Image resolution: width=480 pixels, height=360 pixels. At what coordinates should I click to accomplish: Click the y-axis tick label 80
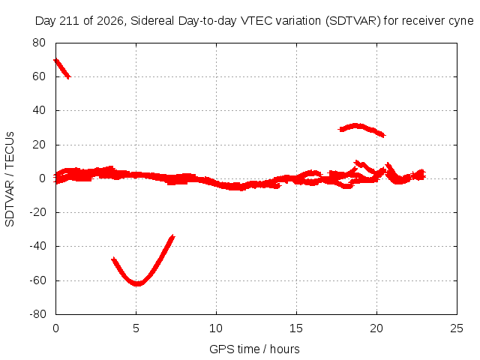click(39, 43)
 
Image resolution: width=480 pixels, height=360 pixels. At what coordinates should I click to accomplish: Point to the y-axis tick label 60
click(39, 76)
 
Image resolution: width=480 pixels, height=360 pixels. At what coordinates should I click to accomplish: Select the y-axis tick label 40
click(39, 110)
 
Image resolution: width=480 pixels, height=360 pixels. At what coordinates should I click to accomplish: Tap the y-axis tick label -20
click(37, 212)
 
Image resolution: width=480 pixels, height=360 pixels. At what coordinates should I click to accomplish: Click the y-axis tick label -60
click(37, 280)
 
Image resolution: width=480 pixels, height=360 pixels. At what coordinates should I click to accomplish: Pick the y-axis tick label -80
click(37, 314)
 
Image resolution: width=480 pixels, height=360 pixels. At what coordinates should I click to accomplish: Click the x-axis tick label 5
click(136, 328)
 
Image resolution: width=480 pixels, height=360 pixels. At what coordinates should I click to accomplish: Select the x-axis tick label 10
click(216, 328)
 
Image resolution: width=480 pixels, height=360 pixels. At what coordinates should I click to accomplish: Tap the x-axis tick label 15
click(296, 328)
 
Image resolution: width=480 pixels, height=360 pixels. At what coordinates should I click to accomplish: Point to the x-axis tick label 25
click(457, 328)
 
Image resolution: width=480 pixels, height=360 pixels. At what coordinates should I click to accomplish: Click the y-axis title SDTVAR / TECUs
click(10, 179)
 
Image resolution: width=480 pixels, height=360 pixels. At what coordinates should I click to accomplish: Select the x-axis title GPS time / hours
click(254, 349)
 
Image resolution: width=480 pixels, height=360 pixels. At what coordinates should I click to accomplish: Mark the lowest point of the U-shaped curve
click(138, 284)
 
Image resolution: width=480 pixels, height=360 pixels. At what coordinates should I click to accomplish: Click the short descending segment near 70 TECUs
click(62, 68)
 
